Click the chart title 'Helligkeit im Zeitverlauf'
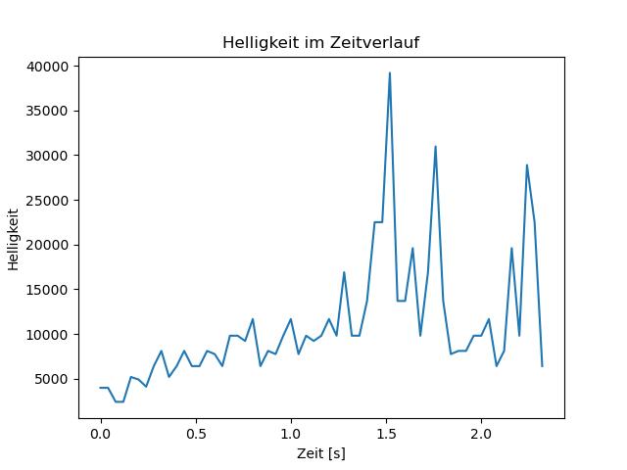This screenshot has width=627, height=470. (x=321, y=42)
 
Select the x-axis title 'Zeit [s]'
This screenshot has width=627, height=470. (x=321, y=453)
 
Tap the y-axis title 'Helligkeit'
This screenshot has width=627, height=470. (x=13, y=239)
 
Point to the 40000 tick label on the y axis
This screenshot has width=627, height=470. (x=47, y=67)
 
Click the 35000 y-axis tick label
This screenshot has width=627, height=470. (x=47, y=111)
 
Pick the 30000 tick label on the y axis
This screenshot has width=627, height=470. (x=47, y=156)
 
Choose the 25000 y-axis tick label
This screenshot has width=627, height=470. (x=47, y=201)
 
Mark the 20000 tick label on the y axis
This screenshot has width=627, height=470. (x=47, y=245)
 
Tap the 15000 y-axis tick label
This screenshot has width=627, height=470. (x=47, y=290)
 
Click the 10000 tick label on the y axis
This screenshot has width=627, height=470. (x=47, y=335)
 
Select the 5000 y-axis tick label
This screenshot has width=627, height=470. (x=51, y=379)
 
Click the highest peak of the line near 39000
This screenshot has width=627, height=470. (x=390, y=73)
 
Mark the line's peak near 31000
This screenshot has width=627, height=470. (x=435, y=147)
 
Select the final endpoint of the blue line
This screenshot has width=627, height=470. (x=542, y=366)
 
